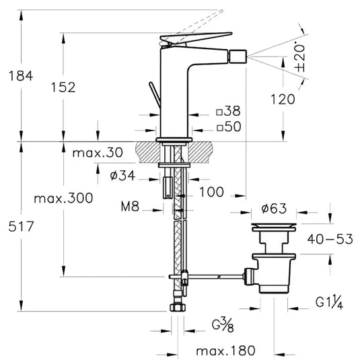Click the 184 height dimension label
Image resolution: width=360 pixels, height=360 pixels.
21,76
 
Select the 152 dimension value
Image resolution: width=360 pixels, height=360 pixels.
63,87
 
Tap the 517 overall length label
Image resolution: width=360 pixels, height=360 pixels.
21,226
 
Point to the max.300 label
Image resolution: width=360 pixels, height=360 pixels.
63,198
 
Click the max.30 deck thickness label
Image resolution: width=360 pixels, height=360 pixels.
98,153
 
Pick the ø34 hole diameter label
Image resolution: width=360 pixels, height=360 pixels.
122,176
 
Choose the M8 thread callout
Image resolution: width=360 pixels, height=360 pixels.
130,207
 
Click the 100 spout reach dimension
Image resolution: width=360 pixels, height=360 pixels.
211,192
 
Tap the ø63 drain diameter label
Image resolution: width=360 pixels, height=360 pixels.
274,209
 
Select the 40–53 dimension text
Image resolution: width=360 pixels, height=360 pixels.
330,239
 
